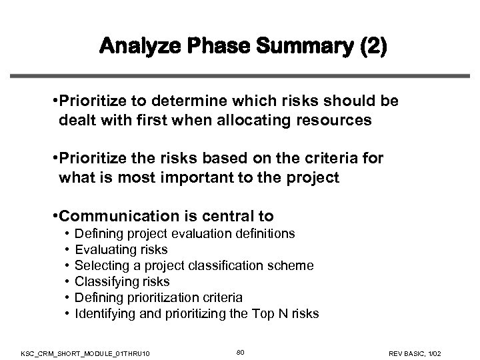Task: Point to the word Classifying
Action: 103,281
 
